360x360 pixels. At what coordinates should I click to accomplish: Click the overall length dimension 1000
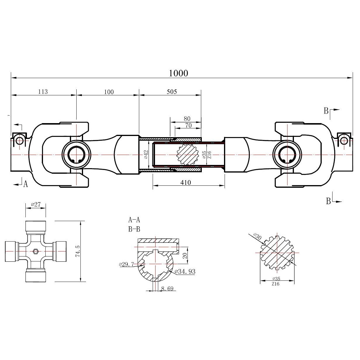(x=178, y=73)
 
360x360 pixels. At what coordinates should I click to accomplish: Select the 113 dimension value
(x=43, y=92)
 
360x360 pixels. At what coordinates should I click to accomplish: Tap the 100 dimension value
(x=108, y=92)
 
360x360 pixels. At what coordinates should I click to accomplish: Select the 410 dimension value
(x=186, y=182)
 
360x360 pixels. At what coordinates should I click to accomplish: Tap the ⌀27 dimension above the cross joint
(x=36, y=204)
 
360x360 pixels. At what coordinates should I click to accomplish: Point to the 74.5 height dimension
(x=78, y=251)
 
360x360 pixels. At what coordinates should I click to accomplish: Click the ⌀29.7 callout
(x=127, y=264)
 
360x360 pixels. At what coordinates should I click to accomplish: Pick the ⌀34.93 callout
(x=185, y=272)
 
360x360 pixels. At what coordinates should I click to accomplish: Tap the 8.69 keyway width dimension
(x=167, y=289)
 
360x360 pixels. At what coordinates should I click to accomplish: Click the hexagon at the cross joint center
(x=36, y=251)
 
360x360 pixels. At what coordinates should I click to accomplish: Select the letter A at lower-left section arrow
(x=25, y=184)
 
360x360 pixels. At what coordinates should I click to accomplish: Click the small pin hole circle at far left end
(x=20, y=141)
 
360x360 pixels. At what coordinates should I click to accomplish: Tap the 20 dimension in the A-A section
(x=184, y=256)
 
